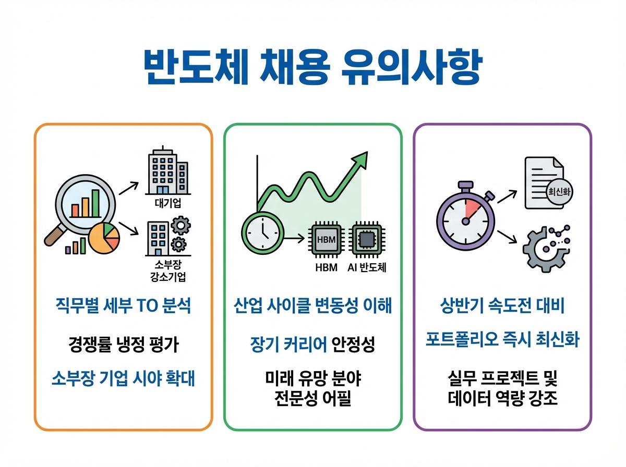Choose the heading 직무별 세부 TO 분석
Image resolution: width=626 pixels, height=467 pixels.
click(123, 306)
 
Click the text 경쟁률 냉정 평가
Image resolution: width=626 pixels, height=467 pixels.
click(123, 345)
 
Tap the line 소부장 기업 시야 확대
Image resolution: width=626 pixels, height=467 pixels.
click(123, 379)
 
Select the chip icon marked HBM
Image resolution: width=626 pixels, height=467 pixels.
click(327, 240)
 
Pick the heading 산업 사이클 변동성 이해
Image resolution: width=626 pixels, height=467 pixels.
click(313, 306)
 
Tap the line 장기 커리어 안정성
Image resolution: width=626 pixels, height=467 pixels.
click(312, 345)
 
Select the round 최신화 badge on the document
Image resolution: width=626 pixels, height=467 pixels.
click(557, 192)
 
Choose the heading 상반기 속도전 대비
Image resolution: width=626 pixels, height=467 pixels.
click(502, 306)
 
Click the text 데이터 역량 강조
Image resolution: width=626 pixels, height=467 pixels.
click(502, 399)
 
